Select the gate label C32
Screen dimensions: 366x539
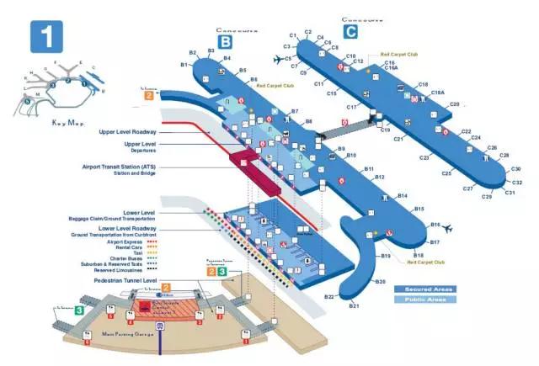coord(517,183)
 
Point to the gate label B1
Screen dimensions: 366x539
coord(184,65)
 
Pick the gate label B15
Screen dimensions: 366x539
coord(419,208)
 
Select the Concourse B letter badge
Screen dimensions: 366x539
coord(225,40)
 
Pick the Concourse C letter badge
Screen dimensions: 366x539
coord(350,32)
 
